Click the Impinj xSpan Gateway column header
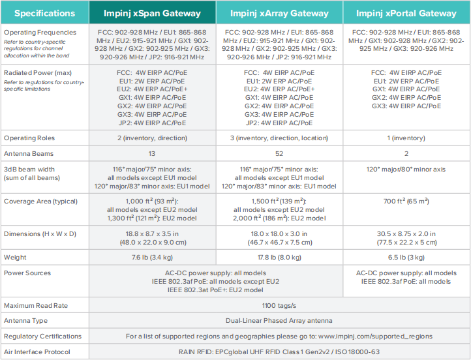(x=152, y=13)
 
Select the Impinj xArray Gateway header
(x=279, y=13)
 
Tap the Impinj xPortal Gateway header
(x=406, y=13)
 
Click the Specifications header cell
(x=45, y=13)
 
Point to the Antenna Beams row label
(x=29, y=154)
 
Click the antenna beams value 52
(x=279, y=154)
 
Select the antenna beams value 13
(x=152, y=154)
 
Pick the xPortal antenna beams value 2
(x=406, y=154)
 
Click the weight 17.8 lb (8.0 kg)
(x=279, y=258)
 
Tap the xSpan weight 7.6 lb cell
(x=152, y=258)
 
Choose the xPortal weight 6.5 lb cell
(x=406, y=258)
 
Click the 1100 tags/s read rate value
(x=279, y=306)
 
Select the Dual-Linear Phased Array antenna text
(x=279, y=321)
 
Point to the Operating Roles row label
(x=29, y=138)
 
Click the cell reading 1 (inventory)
(x=406, y=138)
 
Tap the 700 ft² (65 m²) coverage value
(x=406, y=201)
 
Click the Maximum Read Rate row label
(x=36, y=306)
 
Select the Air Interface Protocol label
(x=37, y=352)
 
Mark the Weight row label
(x=15, y=258)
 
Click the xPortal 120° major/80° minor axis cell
(x=406, y=170)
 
